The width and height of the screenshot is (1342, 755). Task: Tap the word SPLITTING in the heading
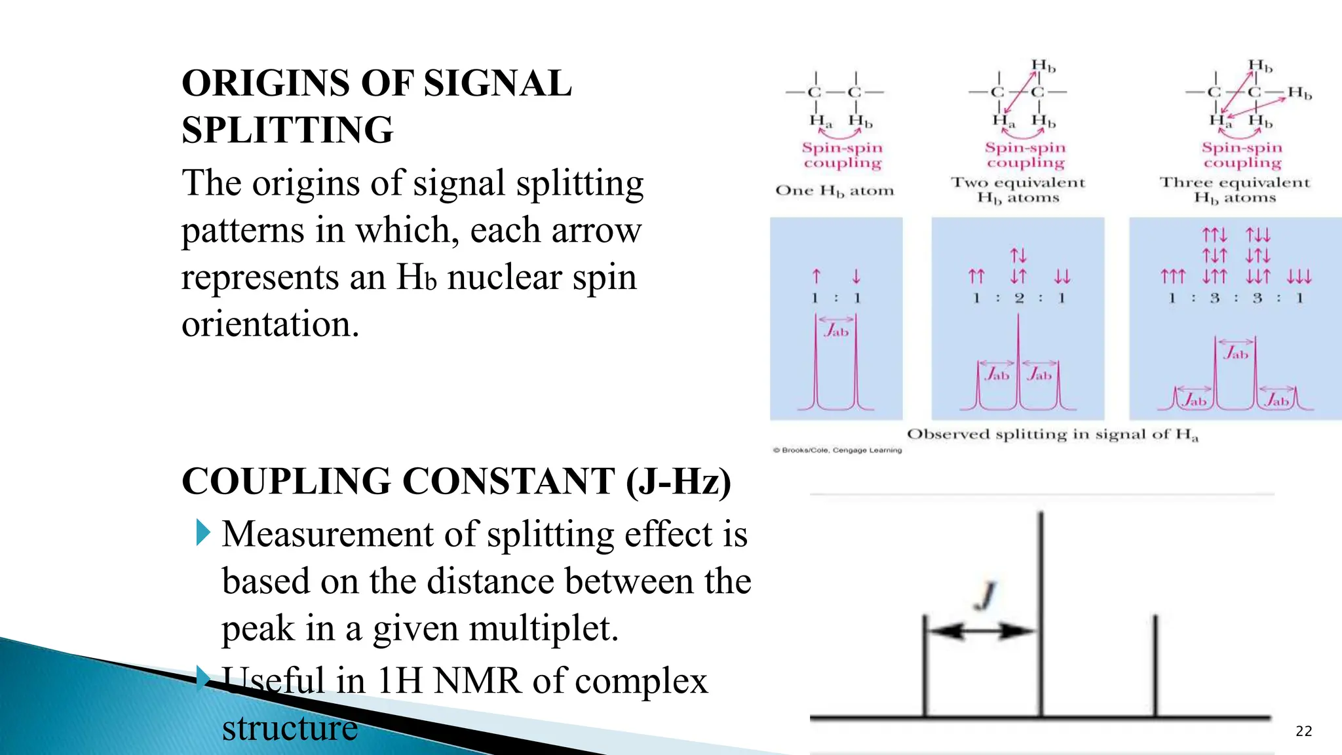[287, 130]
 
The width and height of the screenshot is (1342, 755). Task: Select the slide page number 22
[1303, 731]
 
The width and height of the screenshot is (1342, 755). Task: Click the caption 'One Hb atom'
[834, 191]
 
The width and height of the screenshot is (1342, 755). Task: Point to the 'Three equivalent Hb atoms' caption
[1235, 190]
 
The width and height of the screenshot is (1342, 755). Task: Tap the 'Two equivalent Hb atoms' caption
[1018, 190]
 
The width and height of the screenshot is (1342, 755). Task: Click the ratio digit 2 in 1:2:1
[1019, 298]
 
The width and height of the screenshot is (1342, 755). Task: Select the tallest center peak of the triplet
[1018, 354]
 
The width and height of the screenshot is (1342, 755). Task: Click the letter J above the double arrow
[985, 594]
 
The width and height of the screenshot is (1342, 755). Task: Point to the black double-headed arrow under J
[982, 631]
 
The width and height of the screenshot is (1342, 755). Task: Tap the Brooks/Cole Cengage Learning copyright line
[837, 450]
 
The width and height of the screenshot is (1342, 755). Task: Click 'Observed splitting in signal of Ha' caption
[1052, 434]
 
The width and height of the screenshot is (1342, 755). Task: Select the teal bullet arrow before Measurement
[203, 532]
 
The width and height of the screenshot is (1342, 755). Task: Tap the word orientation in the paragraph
[270, 324]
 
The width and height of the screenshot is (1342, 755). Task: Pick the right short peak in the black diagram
[1155, 665]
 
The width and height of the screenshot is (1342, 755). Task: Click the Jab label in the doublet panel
[836, 330]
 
